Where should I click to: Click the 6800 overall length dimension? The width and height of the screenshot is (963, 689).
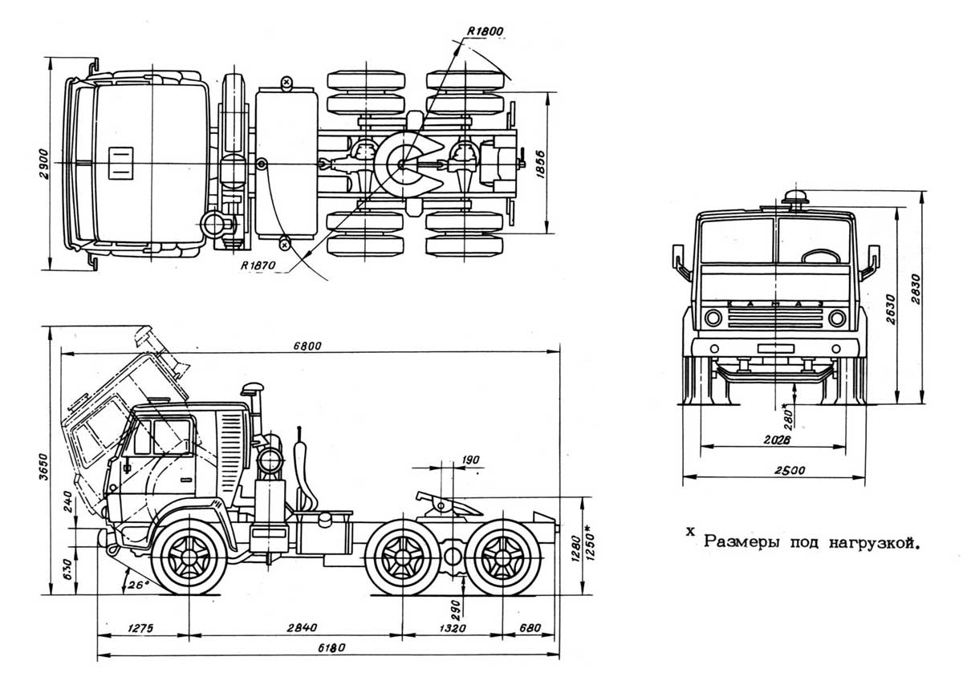tap(309, 346)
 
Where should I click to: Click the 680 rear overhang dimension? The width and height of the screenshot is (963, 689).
tap(530, 628)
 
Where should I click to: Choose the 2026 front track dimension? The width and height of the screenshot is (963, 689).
tap(773, 440)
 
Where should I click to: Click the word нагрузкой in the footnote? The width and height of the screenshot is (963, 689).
tap(876, 542)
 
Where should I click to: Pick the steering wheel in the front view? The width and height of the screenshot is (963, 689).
tap(817, 257)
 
